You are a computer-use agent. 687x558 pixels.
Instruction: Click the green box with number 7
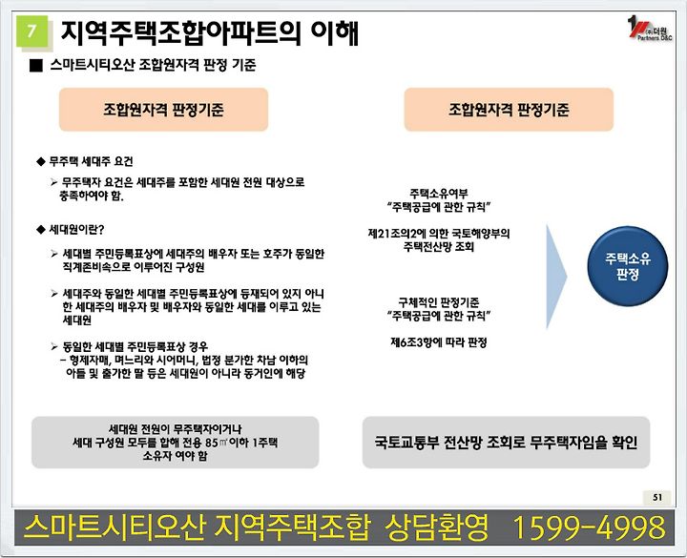[x=32, y=31]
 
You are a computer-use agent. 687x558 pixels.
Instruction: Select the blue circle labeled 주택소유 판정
[x=628, y=266]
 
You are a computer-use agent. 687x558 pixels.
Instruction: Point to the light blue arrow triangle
[x=556, y=277]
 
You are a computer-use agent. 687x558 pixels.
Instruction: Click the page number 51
[x=657, y=497]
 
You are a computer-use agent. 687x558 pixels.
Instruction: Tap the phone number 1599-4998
[x=589, y=527]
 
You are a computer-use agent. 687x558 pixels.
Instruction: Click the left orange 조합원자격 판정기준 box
[x=163, y=109]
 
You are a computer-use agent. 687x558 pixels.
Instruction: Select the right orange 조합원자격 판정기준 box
[x=509, y=109]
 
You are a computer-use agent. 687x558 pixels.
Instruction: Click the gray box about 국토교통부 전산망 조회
[x=506, y=443]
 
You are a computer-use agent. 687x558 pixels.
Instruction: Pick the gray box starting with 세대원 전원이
[x=176, y=443]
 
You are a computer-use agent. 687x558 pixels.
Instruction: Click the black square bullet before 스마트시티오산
[x=36, y=66]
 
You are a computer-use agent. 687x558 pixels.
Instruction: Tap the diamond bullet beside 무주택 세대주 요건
[x=41, y=161]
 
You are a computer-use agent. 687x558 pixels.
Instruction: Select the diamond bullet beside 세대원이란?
[x=41, y=230]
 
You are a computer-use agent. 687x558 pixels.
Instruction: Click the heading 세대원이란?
[x=76, y=230]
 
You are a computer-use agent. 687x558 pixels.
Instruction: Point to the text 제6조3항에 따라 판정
[x=439, y=342]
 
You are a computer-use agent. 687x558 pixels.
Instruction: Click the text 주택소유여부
[x=439, y=193]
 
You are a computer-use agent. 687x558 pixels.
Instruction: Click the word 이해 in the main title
[x=335, y=32]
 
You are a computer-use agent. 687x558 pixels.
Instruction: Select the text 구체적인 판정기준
[x=439, y=302]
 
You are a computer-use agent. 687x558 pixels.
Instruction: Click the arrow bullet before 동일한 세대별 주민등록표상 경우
[x=54, y=347]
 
